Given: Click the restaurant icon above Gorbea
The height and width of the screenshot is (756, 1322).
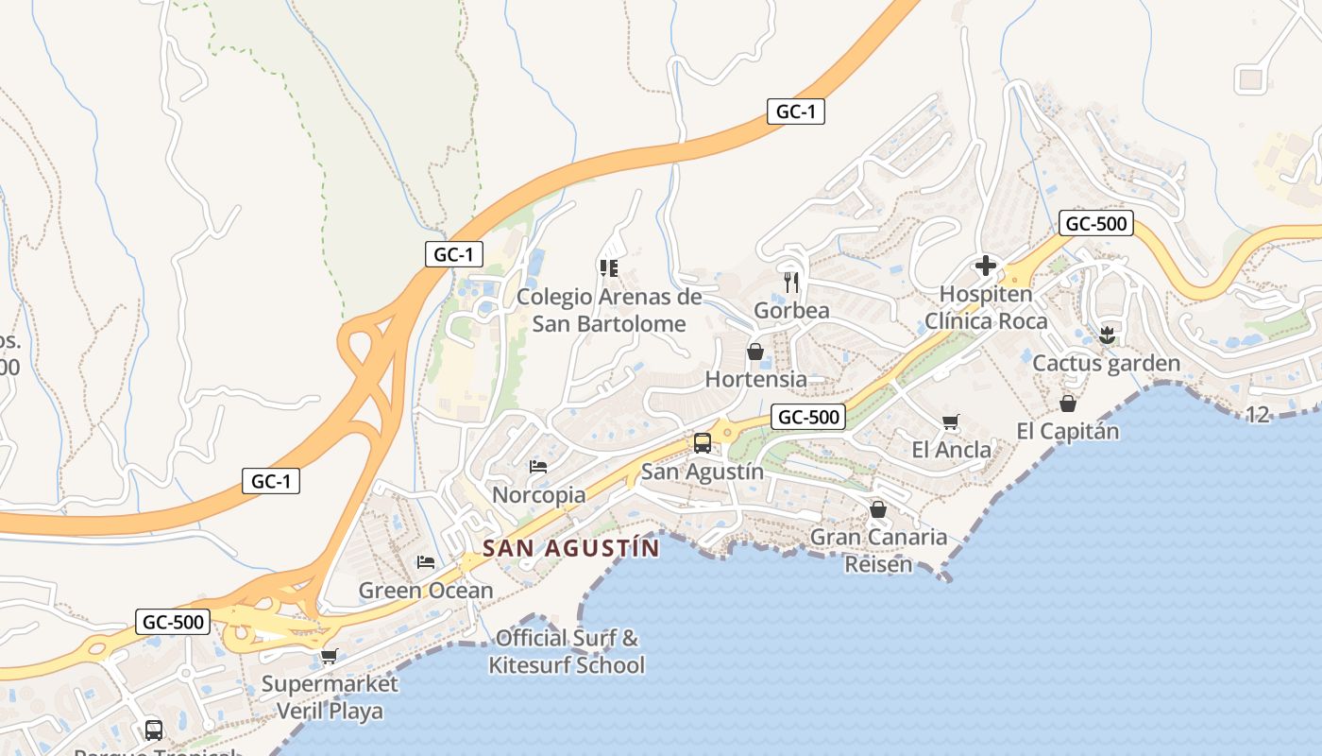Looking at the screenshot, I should [791, 282].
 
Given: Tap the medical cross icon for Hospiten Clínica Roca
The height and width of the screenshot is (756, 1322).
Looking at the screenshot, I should [985, 266].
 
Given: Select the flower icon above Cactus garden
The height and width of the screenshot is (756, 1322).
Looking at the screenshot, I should [1108, 334].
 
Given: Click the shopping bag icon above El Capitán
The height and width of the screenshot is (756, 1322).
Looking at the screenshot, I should [1068, 404].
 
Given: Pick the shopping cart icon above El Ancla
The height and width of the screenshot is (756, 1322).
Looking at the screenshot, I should [951, 422].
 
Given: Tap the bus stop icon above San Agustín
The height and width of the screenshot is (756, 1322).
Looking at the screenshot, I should [702, 443].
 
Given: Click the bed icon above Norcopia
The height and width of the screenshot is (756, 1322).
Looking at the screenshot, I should [538, 467].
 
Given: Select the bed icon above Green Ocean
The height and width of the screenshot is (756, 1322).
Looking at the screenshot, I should [426, 562].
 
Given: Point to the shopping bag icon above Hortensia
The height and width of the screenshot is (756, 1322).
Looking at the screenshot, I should [755, 352].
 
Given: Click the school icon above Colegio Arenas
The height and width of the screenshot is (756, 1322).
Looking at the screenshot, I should [608, 268].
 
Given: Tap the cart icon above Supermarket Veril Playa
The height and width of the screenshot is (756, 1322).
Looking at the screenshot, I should [329, 656].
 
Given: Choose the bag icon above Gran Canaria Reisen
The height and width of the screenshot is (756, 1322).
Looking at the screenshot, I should [878, 509].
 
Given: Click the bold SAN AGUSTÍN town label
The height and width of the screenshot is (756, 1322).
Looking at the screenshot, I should [571, 548].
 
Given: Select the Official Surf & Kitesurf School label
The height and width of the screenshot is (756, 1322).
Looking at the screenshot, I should [567, 651].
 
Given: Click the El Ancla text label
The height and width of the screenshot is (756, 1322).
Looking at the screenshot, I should [951, 450].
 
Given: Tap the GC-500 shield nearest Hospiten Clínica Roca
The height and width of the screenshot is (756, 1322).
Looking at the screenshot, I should [1095, 224].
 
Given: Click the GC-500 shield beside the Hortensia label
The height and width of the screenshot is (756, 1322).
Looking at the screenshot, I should [807, 417].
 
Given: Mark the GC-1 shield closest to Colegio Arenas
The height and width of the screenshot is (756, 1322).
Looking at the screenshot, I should [454, 254].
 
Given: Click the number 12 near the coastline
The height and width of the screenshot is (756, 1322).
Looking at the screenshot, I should [1257, 414].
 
